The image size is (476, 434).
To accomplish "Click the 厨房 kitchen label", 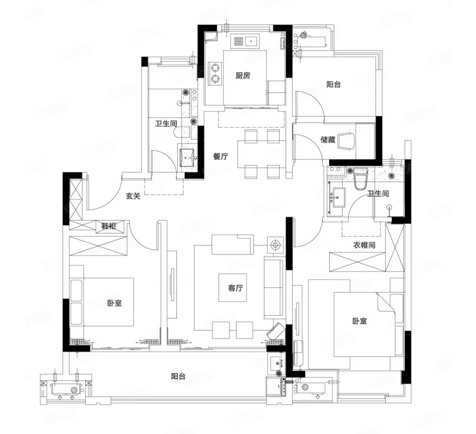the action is (x=243, y=75).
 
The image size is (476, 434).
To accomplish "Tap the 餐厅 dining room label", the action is (x=220, y=156).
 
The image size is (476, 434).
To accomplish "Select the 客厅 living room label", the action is (x=235, y=287).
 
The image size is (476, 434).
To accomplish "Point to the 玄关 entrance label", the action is (x=133, y=196).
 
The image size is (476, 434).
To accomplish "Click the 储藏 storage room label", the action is (x=328, y=139).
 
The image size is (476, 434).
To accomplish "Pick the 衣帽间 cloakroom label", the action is (x=364, y=244).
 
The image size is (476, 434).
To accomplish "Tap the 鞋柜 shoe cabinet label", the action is (x=109, y=226).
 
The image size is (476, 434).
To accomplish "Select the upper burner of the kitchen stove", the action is (x=215, y=67).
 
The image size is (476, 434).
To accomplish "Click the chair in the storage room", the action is (x=347, y=140).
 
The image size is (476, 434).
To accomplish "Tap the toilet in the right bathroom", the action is (x=361, y=179).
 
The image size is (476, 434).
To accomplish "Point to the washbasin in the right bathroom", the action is (x=339, y=197).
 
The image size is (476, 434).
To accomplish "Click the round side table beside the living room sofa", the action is (x=276, y=244).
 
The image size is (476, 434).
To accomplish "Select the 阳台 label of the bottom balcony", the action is (x=178, y=376).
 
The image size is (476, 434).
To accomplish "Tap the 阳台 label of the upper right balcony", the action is (x=333, y=84).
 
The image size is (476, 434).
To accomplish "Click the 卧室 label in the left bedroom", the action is (x=114, y=302).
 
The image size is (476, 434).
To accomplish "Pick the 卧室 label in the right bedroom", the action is (x=359, y=320).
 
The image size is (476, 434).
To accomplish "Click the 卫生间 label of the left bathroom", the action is (x=166, y=123).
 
